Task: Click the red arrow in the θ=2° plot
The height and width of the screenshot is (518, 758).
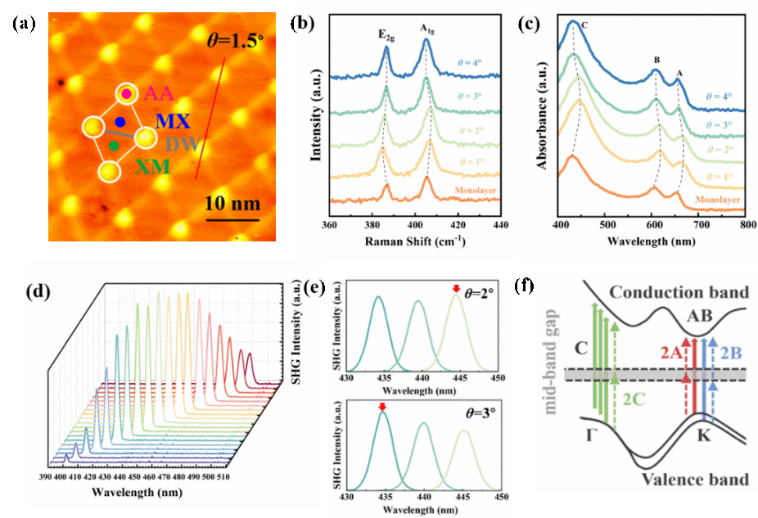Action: pyautogui.click(x=457, y=288)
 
